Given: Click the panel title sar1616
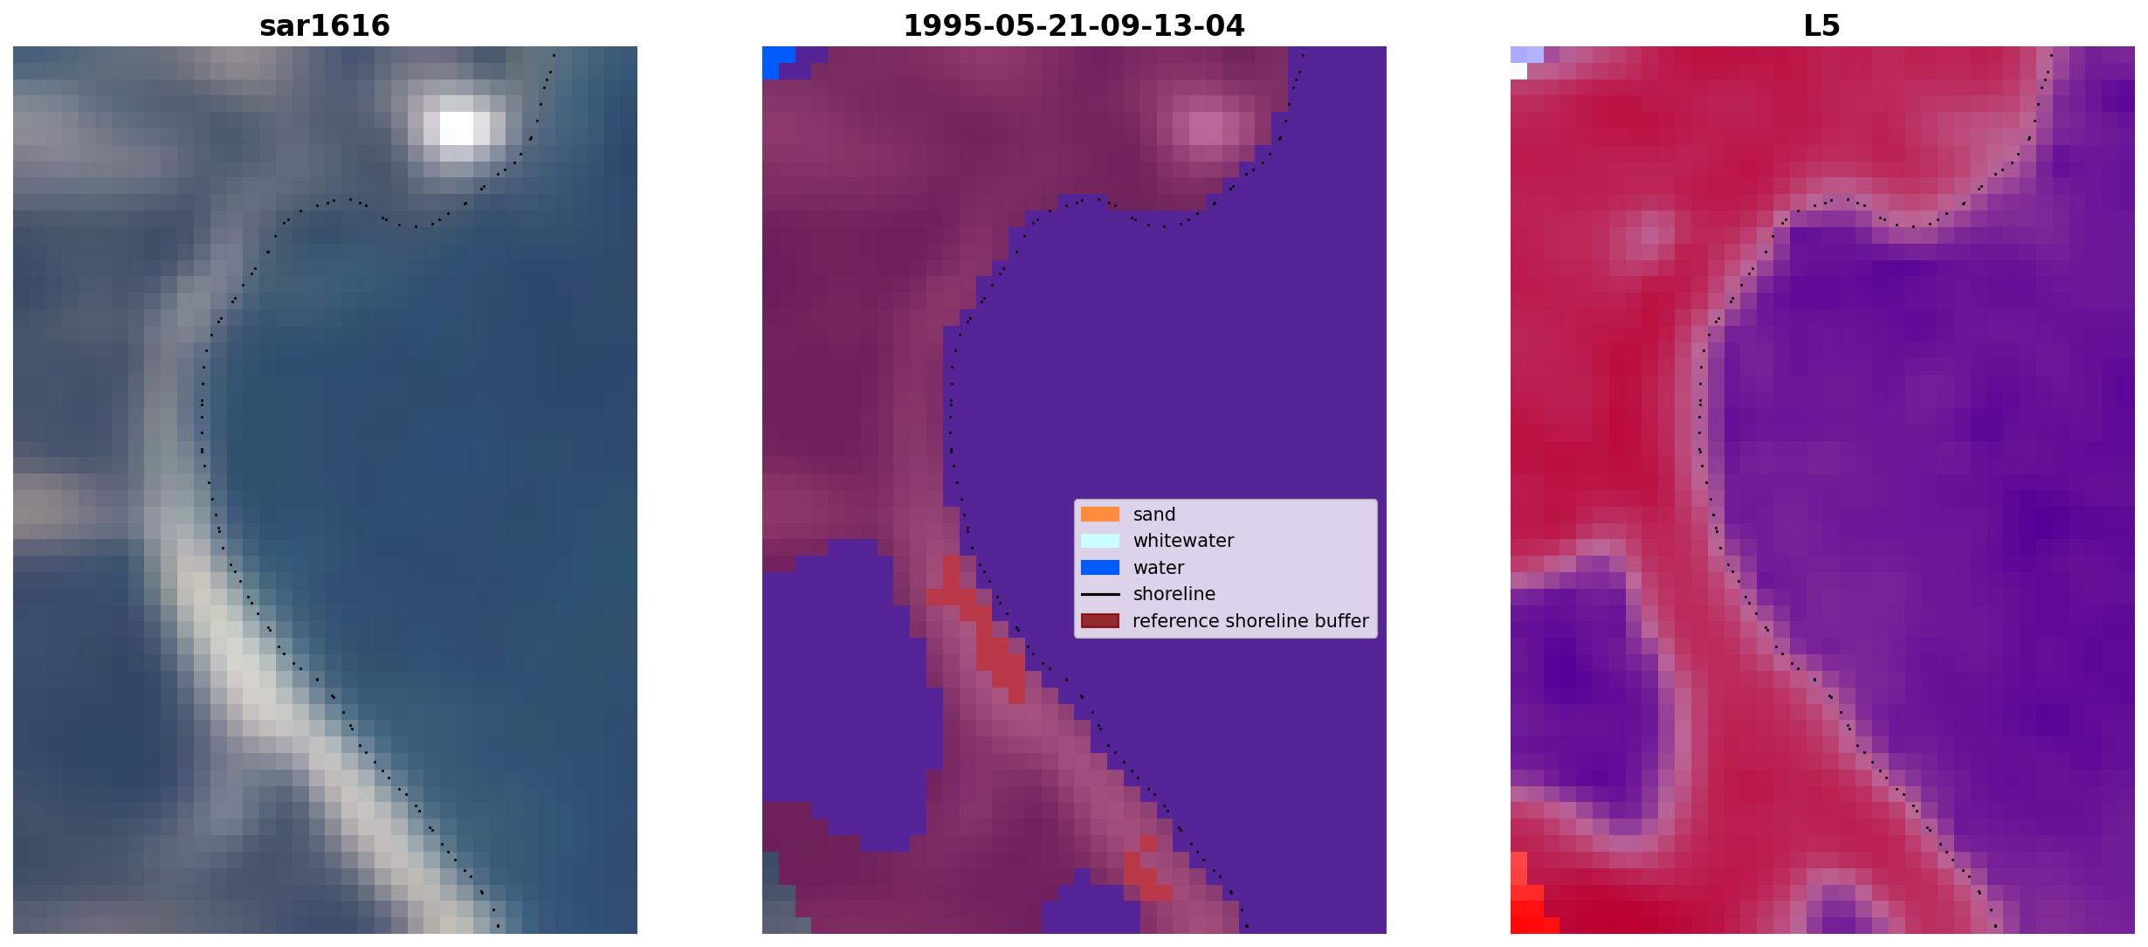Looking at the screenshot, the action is (325, 26).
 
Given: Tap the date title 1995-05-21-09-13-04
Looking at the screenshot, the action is (1074, 26).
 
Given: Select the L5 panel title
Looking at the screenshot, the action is (1822, 26).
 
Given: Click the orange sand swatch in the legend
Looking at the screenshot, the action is (1100, 514).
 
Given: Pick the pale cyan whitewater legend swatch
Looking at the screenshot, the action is (1100, 541).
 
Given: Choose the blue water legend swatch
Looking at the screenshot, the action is (1100, 568).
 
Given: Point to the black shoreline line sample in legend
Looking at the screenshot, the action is (1100, 594).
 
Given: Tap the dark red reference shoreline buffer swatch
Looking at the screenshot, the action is (1100, 621).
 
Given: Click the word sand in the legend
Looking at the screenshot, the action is (1154, 515).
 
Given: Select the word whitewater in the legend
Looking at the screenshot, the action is (1183, 541).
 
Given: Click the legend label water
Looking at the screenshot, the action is (1159, 568).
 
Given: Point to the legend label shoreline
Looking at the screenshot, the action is (1174, 594).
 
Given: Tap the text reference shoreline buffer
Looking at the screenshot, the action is (1250, 621).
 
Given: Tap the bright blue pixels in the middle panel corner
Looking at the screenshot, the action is (776, 61).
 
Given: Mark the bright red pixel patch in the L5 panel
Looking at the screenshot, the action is (1528, 900).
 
